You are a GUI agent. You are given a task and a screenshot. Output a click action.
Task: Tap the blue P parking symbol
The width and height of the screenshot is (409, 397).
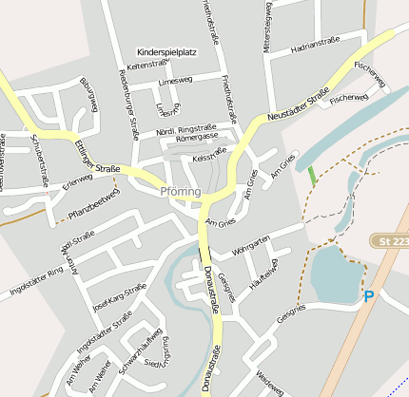click(x=369, y=297)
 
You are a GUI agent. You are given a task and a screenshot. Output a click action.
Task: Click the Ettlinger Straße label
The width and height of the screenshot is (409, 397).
click(x=96, y=156)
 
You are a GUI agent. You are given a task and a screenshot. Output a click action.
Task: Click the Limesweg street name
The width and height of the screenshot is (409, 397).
click(x=175, y=81)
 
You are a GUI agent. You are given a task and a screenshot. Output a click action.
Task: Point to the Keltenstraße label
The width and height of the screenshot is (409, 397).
click(x=146, y=66)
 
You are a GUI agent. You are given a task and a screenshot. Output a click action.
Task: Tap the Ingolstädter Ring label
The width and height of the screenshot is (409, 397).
click(x=35, y=278)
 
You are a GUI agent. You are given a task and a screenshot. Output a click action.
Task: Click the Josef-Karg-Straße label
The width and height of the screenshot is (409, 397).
click(x=120, y=297)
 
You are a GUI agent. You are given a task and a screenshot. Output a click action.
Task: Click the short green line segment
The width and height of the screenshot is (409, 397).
click(x=312, y=175)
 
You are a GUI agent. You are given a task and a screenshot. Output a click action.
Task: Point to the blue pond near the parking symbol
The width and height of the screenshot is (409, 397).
click(x=333, y=274)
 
